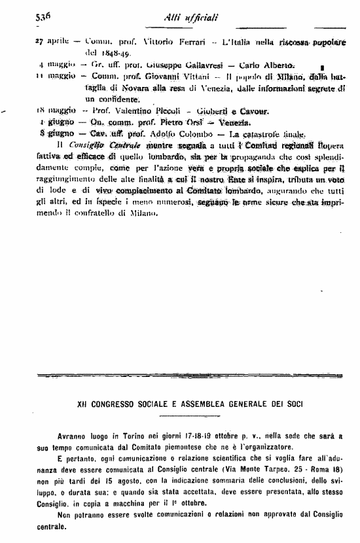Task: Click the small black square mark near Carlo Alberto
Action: (x=323, y=67)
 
